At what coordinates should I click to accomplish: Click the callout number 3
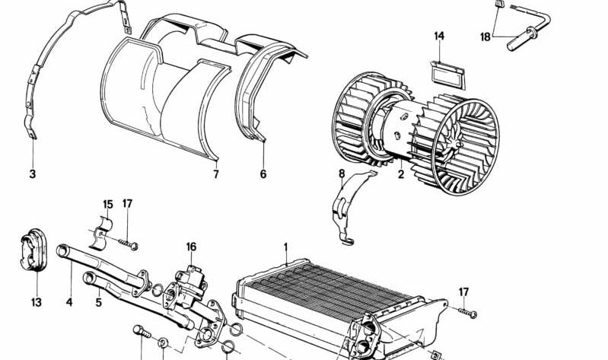click(x=33, y=174)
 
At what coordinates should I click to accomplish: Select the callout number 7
click(x=216, y=174)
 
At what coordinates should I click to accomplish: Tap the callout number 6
click(x=263, y=174)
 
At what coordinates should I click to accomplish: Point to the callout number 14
click(x=439, y=36)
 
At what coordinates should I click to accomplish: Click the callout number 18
click(x=485, y=36)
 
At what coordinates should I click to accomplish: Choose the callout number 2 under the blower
click(x=400, y=174)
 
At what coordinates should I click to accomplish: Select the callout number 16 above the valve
click(x=191, y=247)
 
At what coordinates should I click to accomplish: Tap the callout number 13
click(x=36, y=302)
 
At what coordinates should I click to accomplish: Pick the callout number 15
click(x=108, y=204)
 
